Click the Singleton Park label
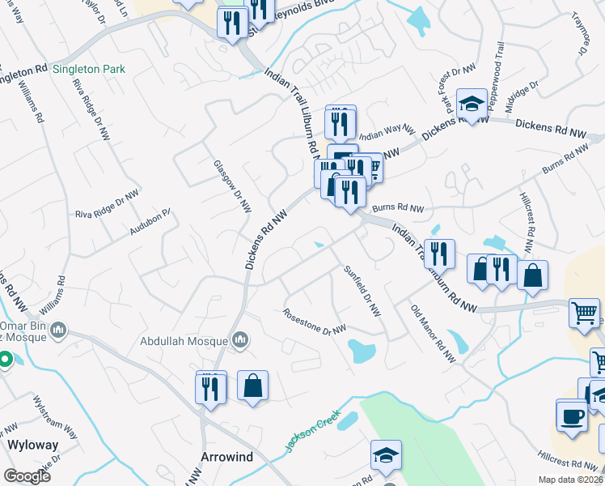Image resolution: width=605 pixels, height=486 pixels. tap(89, 70)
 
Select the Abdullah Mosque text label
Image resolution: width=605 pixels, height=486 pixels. tap(185, 342)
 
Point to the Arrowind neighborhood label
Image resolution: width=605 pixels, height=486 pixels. tap(227, 458)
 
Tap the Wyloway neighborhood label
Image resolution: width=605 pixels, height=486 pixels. tap(29, 445)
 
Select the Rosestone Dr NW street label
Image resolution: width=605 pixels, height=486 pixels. tap(315, 322)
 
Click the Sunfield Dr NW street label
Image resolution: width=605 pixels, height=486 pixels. tap(362, 291)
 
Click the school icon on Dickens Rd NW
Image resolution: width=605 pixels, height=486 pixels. tap(472, 104)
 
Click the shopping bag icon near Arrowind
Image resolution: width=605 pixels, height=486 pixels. tap(252, 386)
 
